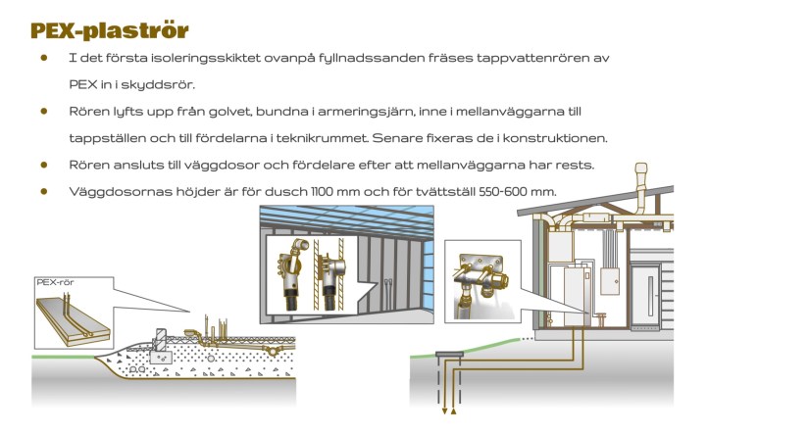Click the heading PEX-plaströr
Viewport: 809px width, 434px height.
(x=110, y=31)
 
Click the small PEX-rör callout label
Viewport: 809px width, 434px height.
(x=55, y=282)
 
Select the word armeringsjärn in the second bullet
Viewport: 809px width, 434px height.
(x=366, y=112)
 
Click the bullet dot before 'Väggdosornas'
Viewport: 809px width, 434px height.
(x=44, y=191)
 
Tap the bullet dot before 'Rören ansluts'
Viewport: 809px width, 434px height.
(x=44, y=165)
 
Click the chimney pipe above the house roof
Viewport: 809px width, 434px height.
(x=640, y=190)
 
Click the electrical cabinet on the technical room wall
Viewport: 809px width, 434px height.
(x=610, y=281)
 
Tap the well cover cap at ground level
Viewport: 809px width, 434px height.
(x=449, y=354)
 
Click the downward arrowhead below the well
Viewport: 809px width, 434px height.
(x=444, y=411)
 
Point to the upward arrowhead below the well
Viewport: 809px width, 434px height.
(x=453, y=410)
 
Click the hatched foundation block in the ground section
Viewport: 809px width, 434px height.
(x=161, y=339)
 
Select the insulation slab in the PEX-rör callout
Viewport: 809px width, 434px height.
(x=73, y=321)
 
